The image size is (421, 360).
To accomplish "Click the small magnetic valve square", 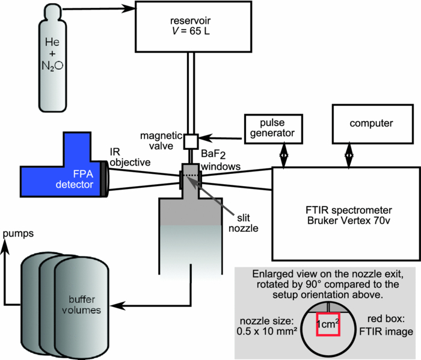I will [191, 140].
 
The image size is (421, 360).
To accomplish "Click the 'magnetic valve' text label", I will [156, 141].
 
